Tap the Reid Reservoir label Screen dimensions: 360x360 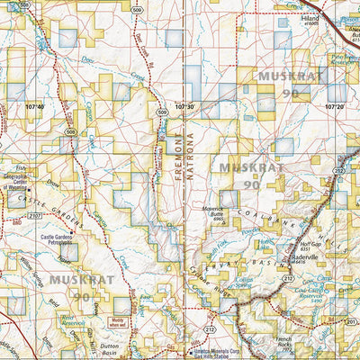[65, 317]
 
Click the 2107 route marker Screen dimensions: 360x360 [34, 215]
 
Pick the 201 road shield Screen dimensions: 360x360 [352, 321]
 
